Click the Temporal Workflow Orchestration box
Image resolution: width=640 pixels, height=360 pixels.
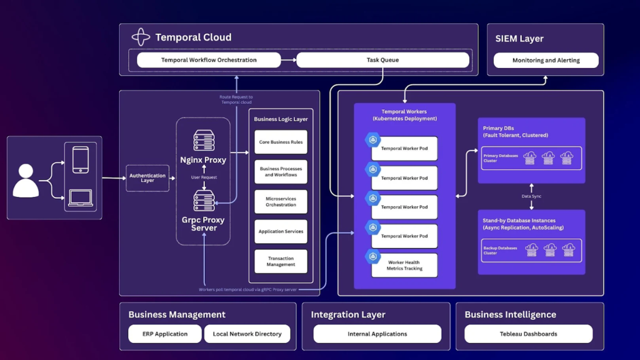point(209,60)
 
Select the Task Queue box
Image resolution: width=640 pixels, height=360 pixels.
point(382,60)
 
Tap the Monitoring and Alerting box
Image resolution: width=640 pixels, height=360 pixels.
point(546,61)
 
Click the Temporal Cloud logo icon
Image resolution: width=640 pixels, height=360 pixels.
point(141,37)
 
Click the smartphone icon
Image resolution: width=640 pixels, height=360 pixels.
point(81,159)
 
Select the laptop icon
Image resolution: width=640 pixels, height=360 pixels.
point(81,198)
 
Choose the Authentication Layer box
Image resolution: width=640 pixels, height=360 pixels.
point(147,178)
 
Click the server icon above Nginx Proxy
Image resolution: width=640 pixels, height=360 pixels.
point(204,141)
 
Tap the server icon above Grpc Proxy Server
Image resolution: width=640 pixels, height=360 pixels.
point(204,201)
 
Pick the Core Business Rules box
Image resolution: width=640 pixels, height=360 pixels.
point(281,142)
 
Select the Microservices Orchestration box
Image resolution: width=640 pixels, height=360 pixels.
point(281,201)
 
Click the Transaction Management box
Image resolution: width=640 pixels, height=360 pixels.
point(281,261)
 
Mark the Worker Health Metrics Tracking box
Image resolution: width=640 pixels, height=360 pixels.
point(404,266)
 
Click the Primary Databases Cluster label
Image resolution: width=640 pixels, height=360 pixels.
point(501,158)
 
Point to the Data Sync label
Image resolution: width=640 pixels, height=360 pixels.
point(531,196)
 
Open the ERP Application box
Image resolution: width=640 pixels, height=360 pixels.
point(165,334)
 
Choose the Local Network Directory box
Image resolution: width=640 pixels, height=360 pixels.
point(247,334)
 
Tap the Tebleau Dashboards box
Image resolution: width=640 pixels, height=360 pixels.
point(528,334)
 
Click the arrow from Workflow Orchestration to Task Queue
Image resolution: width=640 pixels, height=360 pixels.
point(288,60)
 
